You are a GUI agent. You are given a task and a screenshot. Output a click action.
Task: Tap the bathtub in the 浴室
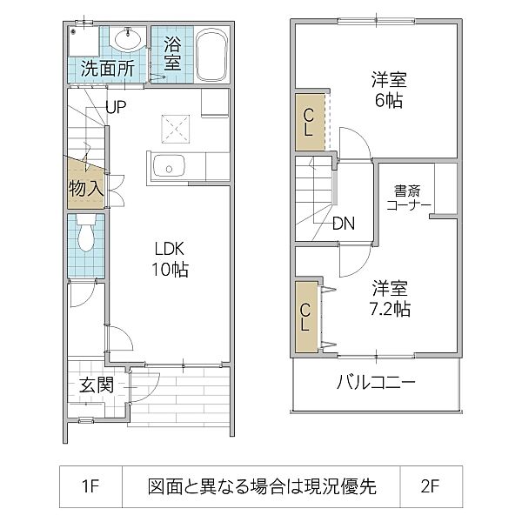click(211, 55)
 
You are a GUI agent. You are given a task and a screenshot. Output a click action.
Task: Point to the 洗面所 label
click(107, 69)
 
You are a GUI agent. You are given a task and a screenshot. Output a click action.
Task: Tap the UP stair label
click(117, 107)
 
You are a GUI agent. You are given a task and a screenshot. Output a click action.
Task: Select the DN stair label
click(343, 223)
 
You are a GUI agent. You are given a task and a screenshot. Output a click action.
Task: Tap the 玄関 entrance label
click(97, 385)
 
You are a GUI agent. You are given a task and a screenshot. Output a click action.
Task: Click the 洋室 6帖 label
click(389, 90)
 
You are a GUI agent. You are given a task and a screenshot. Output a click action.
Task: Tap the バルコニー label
click(375, 383)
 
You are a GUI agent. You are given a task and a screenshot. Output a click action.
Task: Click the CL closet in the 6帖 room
click(309, 121)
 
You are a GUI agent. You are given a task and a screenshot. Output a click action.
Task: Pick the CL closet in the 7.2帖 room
click(306, 318)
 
